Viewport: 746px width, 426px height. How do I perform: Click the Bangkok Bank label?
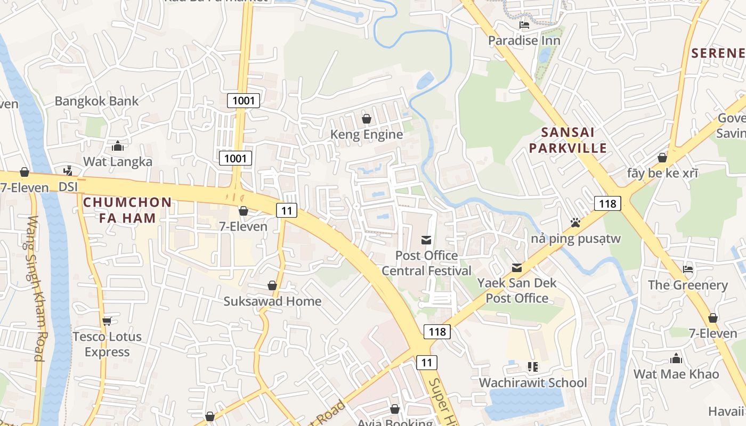96,101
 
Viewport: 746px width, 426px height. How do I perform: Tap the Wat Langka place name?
118,162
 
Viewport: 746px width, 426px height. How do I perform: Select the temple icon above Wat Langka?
118,146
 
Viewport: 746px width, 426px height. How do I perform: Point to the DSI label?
68,187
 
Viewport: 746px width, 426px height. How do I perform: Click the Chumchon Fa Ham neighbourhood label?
127,210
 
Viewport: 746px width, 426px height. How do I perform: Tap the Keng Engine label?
367,135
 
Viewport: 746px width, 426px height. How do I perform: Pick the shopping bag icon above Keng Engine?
367,119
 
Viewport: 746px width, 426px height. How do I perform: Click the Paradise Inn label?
524,40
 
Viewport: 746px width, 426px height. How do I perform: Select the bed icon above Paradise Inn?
524,24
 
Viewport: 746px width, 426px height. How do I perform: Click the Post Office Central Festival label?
426,263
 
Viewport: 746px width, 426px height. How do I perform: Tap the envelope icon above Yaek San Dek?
517,267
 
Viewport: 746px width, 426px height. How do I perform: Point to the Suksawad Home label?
272,301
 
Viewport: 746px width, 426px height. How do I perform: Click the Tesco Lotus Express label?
107,344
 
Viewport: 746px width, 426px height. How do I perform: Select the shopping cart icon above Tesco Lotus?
107,321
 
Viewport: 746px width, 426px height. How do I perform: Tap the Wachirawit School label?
533,383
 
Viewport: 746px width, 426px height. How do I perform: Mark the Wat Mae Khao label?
676,374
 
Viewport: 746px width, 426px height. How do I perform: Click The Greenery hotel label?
688,285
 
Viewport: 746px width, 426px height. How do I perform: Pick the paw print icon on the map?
575,223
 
